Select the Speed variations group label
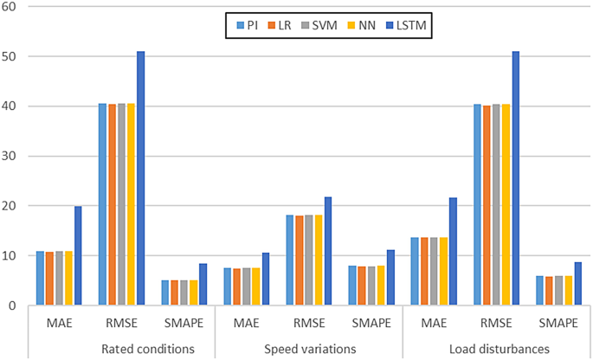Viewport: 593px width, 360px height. click(x=308, y=348)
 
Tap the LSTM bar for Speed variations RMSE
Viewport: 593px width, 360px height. click(x=327, y=251)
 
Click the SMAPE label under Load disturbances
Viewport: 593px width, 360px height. click(x=558, y=324)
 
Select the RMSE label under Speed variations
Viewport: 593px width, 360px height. click(x=308, y=324)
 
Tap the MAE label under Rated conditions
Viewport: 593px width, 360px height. click(x=59, y=324)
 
